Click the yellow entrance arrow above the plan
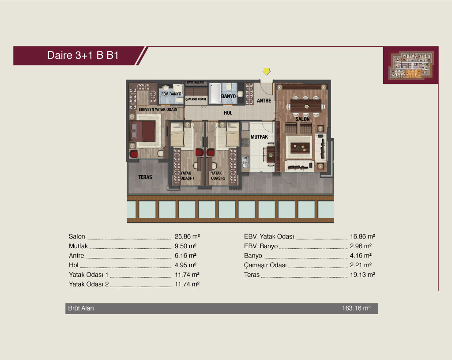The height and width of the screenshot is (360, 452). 267,71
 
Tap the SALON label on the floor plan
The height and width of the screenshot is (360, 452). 302,119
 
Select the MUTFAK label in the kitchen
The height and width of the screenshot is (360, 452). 259,137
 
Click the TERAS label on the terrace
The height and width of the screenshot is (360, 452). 145,177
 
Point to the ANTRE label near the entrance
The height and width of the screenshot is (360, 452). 264,101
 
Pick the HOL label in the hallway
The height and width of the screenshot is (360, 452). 228,113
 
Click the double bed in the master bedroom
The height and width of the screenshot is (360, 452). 143,131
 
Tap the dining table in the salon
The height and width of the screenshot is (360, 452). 306,106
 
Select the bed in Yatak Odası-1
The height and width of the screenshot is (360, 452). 177,134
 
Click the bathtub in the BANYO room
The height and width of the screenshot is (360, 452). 215,94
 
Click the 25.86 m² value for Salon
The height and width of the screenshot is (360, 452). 187,236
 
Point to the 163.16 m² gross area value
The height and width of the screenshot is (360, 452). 356,308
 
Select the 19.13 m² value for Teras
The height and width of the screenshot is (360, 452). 363,275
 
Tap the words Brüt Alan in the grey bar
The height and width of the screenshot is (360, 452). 81,308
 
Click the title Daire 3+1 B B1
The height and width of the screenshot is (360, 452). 83,55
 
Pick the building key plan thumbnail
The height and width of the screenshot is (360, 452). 411,65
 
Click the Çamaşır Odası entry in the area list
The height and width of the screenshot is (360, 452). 265,265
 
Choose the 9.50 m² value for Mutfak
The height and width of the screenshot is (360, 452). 186,246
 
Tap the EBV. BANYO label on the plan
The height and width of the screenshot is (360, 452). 171,94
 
